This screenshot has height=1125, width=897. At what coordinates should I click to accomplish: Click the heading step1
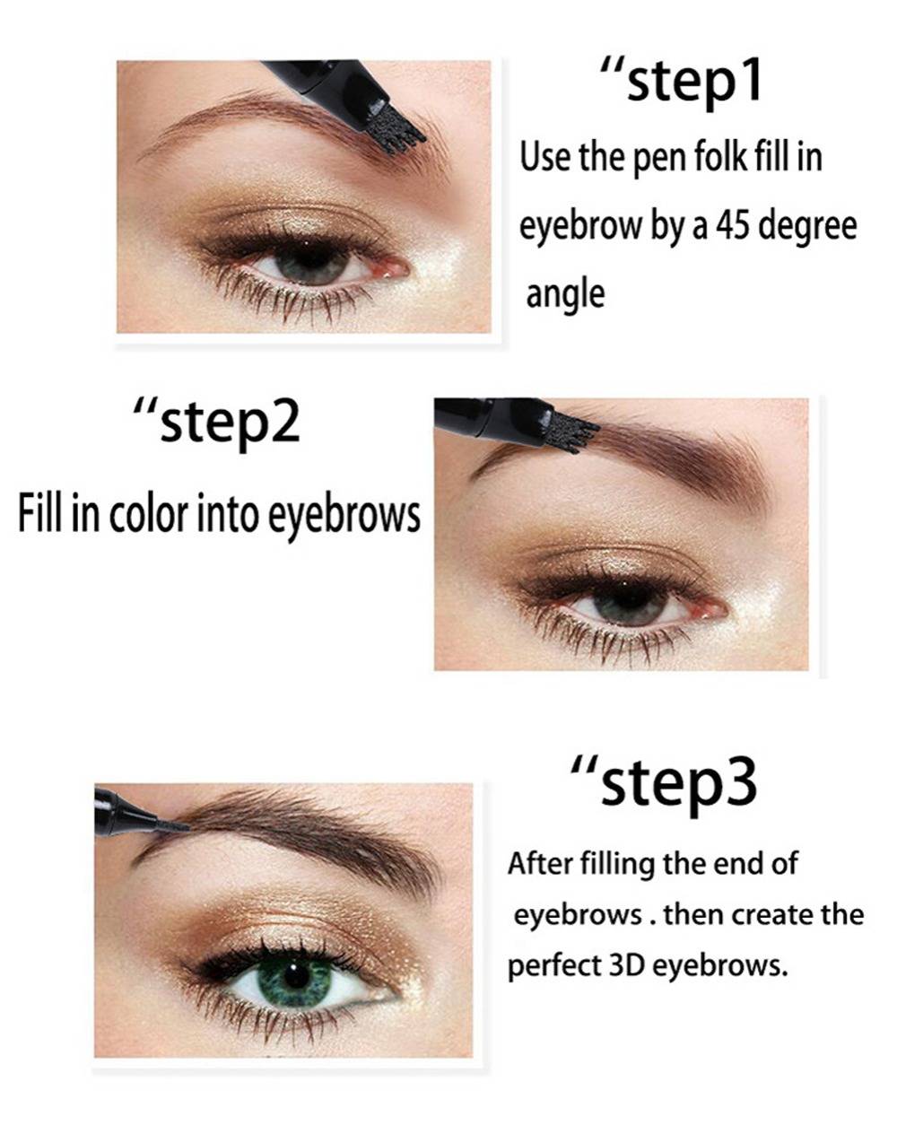pos(681,80)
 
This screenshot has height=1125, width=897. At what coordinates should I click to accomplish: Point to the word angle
pos(565,296)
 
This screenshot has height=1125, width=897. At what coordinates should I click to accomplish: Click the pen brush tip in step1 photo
pos(396,134)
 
